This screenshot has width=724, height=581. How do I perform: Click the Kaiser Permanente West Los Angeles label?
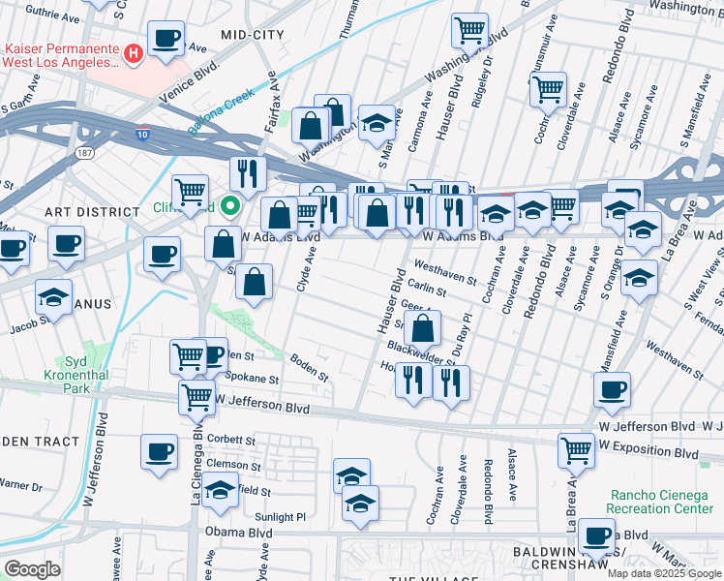point(62,54)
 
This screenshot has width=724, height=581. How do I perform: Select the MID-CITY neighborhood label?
point(253,34)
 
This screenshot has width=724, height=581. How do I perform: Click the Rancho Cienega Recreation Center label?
point(661,501)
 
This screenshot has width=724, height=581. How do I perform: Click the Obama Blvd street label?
point(228,533)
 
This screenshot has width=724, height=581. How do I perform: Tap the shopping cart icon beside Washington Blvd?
point(469,29)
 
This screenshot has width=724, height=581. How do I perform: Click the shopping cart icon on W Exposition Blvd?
point(576,448)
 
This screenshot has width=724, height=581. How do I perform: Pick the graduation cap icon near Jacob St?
point(53,294)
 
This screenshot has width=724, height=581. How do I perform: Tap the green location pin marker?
point(230,205)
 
